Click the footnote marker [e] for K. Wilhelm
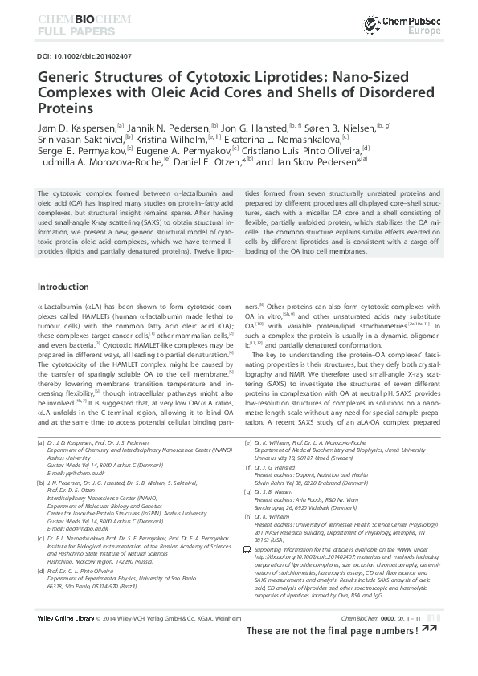tap(246, 442)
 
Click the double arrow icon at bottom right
tap(430, 653)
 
